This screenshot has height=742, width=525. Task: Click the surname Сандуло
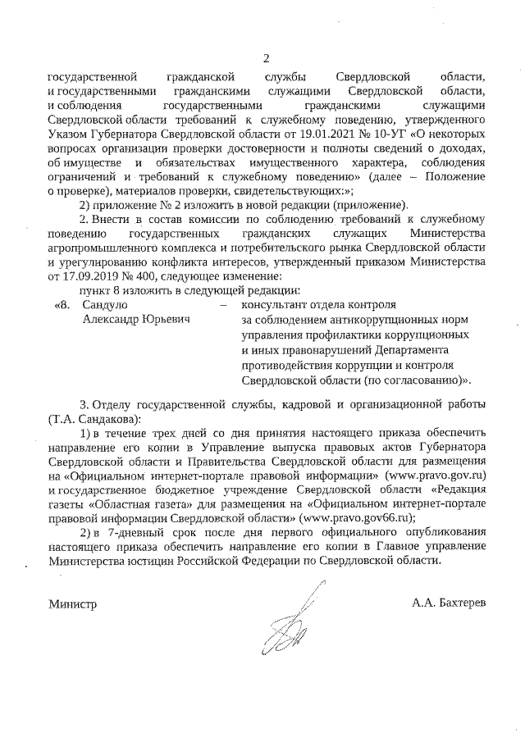(x=103, y=305)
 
